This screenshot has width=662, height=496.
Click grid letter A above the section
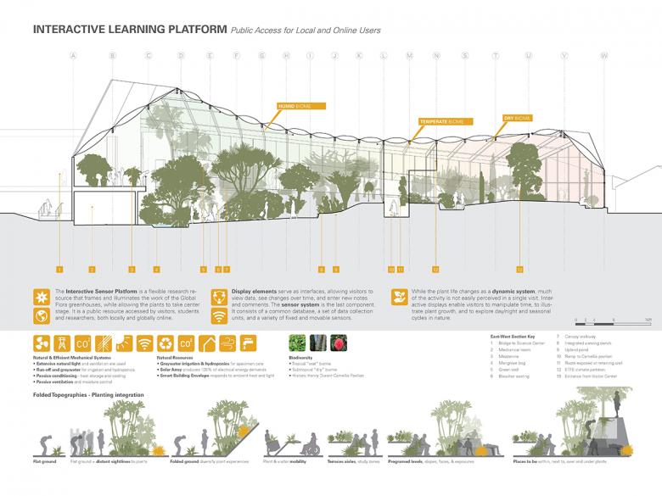pos(74,56)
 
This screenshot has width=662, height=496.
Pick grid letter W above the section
pos(604,56)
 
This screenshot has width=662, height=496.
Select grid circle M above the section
pos(409,56)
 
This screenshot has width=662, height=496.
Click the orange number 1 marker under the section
pos(59,269)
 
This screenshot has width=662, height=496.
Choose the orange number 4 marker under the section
pos(156,269)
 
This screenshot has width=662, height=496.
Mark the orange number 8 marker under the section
pos(322,269)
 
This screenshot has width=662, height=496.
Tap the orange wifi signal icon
pos(144,344)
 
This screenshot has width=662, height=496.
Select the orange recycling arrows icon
pos(165,344)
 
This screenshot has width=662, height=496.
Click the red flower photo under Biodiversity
pos(342,344)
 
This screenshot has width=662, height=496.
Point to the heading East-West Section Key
pos(513,337)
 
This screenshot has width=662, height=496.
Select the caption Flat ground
pos(45,461)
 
